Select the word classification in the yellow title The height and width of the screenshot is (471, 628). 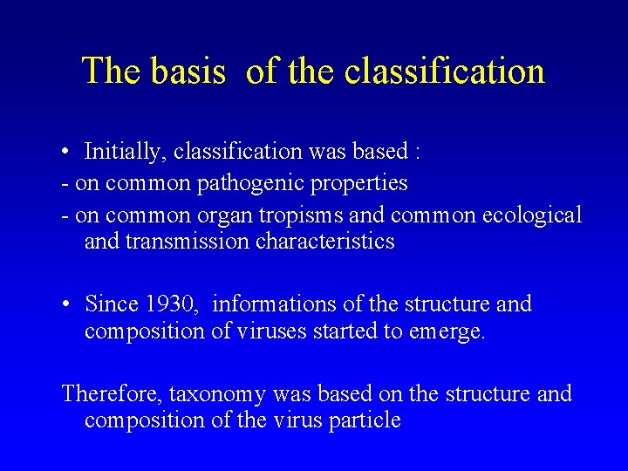click(x=445, y=71)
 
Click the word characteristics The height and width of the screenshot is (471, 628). click(x=325, y=241)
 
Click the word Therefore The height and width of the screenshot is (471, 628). click(x=112, y=394)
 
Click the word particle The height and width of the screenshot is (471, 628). click(x=365, y=420)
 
